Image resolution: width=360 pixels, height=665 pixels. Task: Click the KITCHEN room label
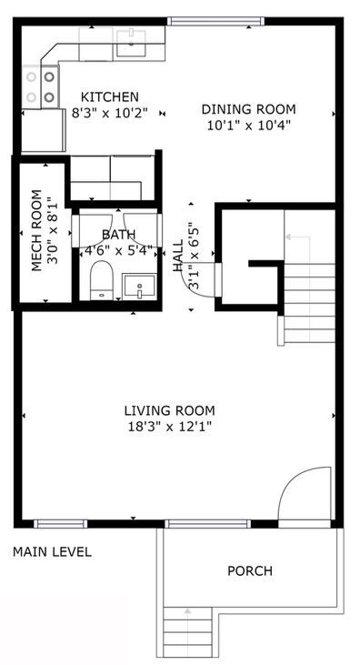[x=109, y=97]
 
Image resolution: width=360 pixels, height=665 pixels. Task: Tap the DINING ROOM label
[x=248, y=110]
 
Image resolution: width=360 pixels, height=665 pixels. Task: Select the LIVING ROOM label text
[x=170, y=410]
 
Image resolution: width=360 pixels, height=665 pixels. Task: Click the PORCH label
[x=249, y=571]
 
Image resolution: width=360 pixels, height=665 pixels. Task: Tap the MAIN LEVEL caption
[x=52, y=552]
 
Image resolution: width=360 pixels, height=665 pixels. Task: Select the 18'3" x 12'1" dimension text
[x=170, y=426]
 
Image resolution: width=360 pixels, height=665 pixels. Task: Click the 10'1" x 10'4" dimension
[x=248, y=126]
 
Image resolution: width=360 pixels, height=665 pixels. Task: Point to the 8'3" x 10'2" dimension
[x=109, y=114]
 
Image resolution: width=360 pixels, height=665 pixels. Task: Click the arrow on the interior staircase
[x=293, y=237]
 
